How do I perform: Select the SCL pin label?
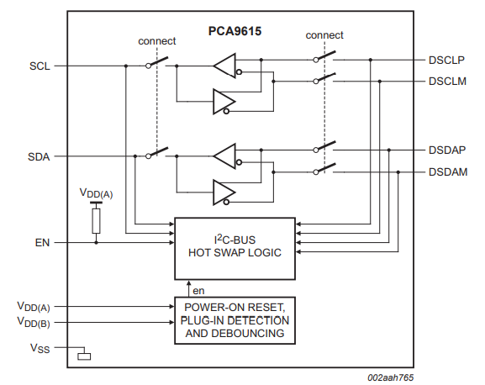pos(39,65)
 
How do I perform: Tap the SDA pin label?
pos(39,156)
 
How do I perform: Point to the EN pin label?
pos(41,242)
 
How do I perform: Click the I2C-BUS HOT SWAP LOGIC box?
pos(235,247)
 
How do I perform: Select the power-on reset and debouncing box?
pos(235,320)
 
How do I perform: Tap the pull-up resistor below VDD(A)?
pos(97,221)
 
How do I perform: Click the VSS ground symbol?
pos(83,356)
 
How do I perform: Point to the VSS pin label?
pos(40,347)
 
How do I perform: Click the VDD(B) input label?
pos(33,322)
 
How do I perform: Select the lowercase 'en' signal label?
pos(199,290)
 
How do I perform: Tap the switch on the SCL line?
pos(156,64)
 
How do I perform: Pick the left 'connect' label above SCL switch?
pos(156,40)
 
